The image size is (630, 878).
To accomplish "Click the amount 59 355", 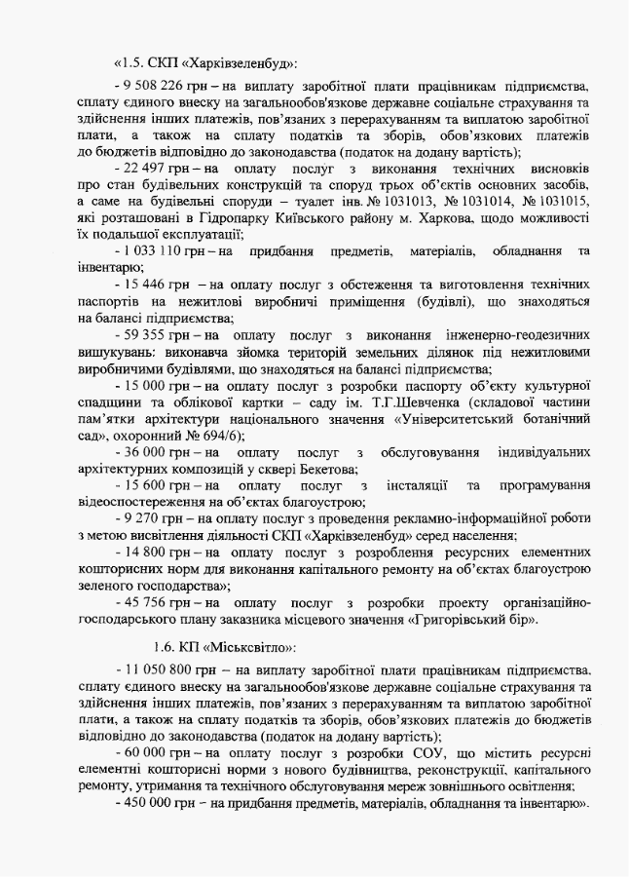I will coord(146,334).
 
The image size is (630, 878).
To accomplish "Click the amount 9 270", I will coord(142,519).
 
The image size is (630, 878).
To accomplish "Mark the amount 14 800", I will coord(146,553).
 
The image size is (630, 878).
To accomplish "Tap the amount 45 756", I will coord(146,602).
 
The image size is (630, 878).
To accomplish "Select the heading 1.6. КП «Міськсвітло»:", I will coord(225,646).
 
